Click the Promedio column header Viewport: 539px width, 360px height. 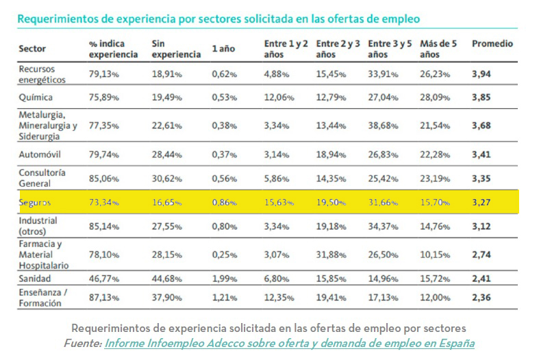pyautogui.click(x=492, y=44)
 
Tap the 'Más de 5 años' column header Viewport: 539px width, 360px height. pyautogui.click(x=437, y=49)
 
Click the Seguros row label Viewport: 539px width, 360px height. pyautogui.click(x=35, y=203)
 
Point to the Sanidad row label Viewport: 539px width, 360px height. pyautogui.click(x=35, y=279)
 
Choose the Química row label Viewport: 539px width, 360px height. pyautogui.click(x=36, y=97)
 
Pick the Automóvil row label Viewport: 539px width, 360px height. pyautogui.click(x=39, y=155)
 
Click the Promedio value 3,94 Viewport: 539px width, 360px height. pyautogui.click(x=482, y=72)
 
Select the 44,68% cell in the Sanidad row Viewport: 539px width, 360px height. pyautogui.click(x=166, y=279)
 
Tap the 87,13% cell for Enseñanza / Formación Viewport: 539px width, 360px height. pyautogui.click(x=104, y=298)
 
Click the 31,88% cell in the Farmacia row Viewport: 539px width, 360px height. pyautogui.click(x=331, y=255)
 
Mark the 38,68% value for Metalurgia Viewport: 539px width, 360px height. pyautogui.click(x=382, y=126)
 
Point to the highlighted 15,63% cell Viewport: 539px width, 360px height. pyautogui.click(x=279, y=203)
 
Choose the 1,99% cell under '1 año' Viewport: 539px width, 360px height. pyautogui.click(x=225, y=279)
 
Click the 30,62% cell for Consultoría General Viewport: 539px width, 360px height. pyautogui.click(x=166, y=179)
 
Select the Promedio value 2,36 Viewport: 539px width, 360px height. pyautogui.click(x=482, y=298)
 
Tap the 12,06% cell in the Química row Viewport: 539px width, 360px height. pyautogui.click(x=279, y=97)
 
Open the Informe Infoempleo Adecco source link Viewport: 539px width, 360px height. pyautogui.click(x=289, y=343)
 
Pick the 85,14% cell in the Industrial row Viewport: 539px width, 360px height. pyautogui.click(x=104, y=227)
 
